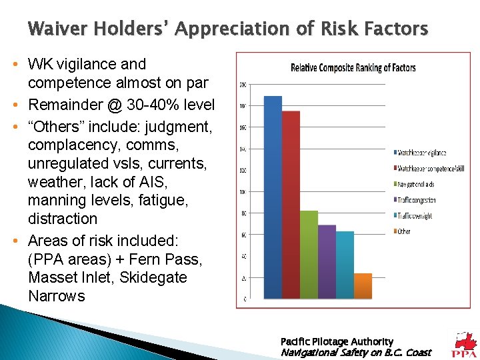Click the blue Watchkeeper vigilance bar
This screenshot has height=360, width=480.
tap(273, 197)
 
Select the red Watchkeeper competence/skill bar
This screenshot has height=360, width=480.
tap(291, 204)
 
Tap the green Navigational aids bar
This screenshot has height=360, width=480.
tap(309, 254)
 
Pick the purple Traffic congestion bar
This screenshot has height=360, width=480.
tap(327, 261)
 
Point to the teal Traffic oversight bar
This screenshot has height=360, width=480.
tap(345, 264)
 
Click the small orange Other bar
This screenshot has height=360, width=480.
tap(363, 285)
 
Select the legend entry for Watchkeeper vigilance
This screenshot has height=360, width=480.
tap(423, 153)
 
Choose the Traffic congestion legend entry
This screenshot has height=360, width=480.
tap(418, 200)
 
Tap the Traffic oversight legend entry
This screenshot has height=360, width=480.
tap(416, 216)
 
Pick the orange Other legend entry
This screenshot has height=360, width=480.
tap(404, 231)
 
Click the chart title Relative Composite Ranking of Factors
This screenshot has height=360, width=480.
tap(353, 67)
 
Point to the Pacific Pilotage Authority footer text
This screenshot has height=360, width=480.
tap(337, 341)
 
